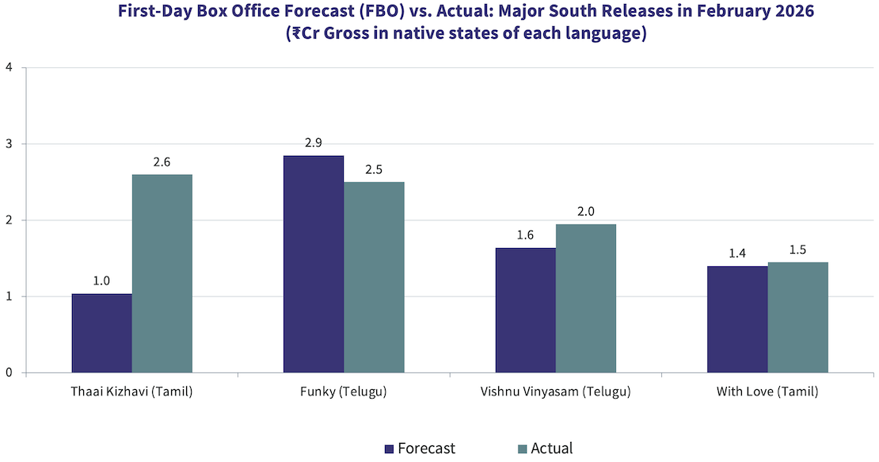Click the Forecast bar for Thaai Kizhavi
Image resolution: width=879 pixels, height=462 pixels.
pos(102,333)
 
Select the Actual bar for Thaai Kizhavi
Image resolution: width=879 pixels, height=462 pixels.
pos(162,273)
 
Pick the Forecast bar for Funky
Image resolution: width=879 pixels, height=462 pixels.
pos(314,264)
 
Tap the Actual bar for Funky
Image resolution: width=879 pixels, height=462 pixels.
pos(374,277)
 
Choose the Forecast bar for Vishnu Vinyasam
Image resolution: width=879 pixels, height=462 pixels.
pos(526,310)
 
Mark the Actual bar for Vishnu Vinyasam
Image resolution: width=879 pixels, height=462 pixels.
pos(586,298)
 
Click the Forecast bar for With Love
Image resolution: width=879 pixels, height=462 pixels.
pos(737,319)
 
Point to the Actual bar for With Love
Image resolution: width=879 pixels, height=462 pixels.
pos(797,317)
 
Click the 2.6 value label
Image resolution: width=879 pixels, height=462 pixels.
pos(162,162)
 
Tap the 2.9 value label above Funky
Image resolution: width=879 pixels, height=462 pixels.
pos(314,143)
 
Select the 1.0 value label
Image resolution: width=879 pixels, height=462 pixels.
pos(102,281)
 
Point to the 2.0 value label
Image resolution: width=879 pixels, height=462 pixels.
pos(586,212)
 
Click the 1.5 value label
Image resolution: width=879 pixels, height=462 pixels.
pos(797,250)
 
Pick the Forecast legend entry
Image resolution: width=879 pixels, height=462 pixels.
pos(420,449)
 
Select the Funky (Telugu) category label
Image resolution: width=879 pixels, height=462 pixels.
pos(344,391)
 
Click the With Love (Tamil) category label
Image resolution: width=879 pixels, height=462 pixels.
pos(767,391)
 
